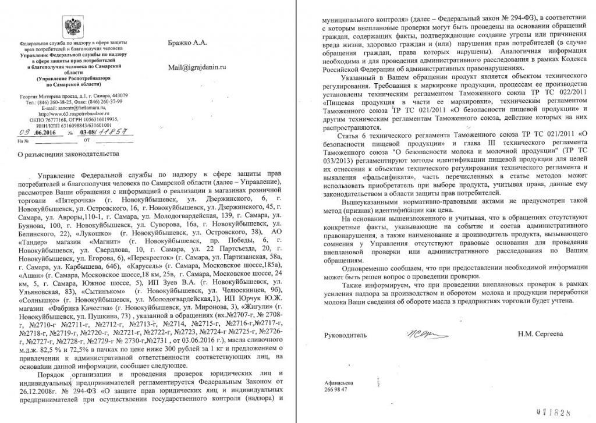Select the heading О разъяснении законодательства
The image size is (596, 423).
[x=69, y=154]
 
